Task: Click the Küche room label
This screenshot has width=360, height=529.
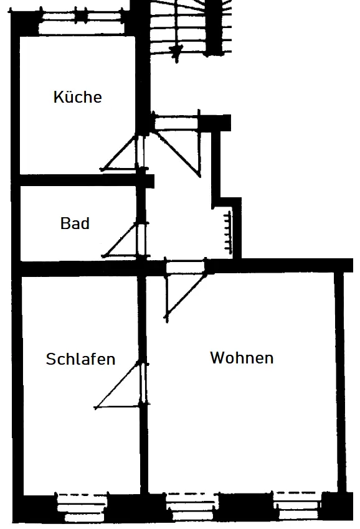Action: click(77, 97)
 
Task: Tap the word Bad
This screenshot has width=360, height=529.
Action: click(75, 223)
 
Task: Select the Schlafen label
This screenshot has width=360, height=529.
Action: click(80, 359)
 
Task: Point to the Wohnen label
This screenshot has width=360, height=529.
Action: click(242, 358)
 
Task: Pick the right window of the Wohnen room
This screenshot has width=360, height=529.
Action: click(297, 506)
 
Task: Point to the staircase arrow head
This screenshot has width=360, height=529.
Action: click(176, 51)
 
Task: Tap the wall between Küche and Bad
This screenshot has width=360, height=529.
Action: click(83, 180)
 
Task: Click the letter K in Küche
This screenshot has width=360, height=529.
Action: click(58, 97)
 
